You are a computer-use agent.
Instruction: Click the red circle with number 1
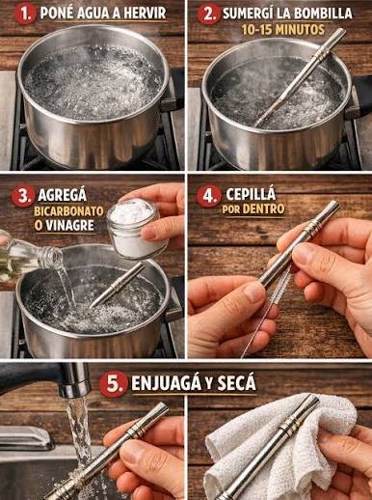pyautogui.click(x=25, y=14)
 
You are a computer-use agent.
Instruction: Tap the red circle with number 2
pyautogui.click(x=208, y=14)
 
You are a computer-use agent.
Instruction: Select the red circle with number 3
pyautogui.click(x=23, y=196)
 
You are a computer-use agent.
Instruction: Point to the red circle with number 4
pyautogui.click(x=208, y=195)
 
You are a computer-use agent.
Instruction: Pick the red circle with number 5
pyautogui.click(x=112, y=383)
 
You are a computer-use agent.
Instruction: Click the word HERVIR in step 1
pyautogui.click(x=145, y=14)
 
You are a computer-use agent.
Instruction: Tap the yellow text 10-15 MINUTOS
pyautogui.click(x=283, y=30)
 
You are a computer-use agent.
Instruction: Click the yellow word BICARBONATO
pyautogui.click(x=68, y=211)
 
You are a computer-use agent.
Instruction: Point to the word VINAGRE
pyautogui.click(x=69, y=226)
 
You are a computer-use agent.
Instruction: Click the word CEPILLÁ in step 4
pyautogui.click(x=251, y=194)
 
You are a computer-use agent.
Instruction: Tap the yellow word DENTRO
pyautogui.click(x=264, y=209)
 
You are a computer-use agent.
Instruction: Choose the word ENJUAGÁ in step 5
pyautogui.click(x=167, y=383)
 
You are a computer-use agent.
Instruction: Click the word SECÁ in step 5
pyautogui.click(x=236, y=383)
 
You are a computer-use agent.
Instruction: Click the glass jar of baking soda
pyautogui.click(x=133, y=229)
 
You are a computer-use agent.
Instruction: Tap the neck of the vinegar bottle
pyautogui.click(x=50, y=258)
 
